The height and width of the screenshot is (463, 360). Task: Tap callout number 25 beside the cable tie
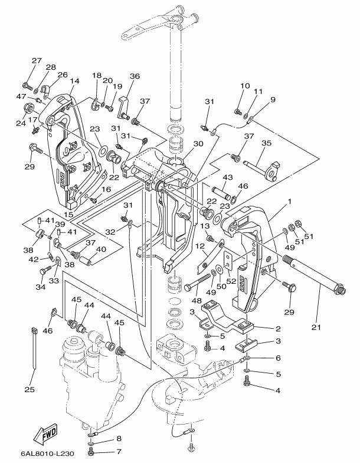point(30,389)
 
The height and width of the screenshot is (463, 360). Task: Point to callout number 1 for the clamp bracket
point(290,202)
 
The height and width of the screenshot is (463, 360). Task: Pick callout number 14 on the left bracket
point(74,81)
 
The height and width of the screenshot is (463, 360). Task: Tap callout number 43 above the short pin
point(227,178)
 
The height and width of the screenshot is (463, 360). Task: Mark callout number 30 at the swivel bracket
point(197,143)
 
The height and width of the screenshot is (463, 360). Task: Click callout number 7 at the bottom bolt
point(119,452)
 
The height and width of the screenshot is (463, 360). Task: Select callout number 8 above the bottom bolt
point(119,438)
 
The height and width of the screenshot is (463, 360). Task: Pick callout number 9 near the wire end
point(273,100)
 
